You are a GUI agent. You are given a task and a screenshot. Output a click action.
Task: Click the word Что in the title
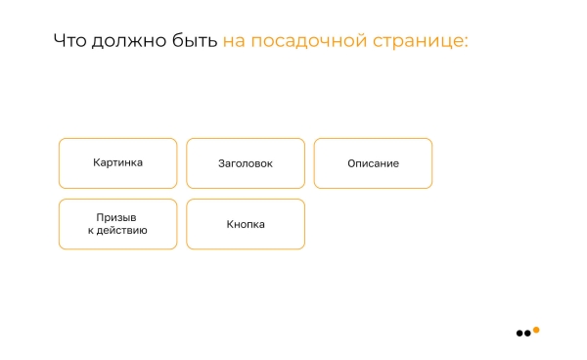click(x=69, y=41)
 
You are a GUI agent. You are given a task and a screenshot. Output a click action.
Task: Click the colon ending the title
click(x=466, y=43)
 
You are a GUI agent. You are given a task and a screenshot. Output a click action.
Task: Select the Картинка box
click(x=117, y=162)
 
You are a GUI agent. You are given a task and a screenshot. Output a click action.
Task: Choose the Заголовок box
click(x=245, y=162)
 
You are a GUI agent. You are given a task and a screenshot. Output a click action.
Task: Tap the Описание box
click(x=373, y=162)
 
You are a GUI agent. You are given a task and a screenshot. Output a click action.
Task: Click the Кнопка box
click(x=245, y=224)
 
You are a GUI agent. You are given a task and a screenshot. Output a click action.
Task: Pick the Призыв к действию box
click(x=117, y=224)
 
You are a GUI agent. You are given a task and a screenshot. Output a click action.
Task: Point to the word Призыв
click(x=116, y=217)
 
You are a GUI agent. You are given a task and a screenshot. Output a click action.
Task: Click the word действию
click(x=123, y=231)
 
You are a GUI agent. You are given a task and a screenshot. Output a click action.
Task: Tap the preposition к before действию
click(x=91, y=231)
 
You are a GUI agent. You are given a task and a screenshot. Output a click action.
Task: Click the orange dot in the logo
click(x=536, y=330)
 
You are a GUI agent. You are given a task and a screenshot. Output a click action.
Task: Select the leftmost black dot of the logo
click(x=519, y=334)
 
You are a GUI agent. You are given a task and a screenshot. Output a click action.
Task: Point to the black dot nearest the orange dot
click(x=528, y=334)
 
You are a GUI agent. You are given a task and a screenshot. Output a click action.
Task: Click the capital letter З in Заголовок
click(x=221, y=163)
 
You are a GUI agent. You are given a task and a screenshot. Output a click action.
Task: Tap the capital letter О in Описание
click(x=351, y=163)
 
